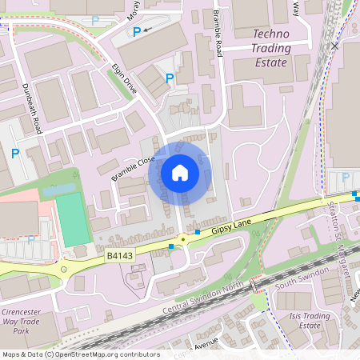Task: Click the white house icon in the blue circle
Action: pyautogui.click(x=180, y=172)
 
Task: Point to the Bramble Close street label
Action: pyautogui.click(x=133, y=169)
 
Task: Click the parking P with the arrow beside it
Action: pyautogui.click(x=137, y=31)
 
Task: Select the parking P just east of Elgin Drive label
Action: pyautogui.click(x=169, y=78)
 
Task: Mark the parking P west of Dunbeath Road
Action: pyautogui.click(x=15, y=153)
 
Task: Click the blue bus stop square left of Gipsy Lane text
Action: pyautogui.click(x=198, y=232)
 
